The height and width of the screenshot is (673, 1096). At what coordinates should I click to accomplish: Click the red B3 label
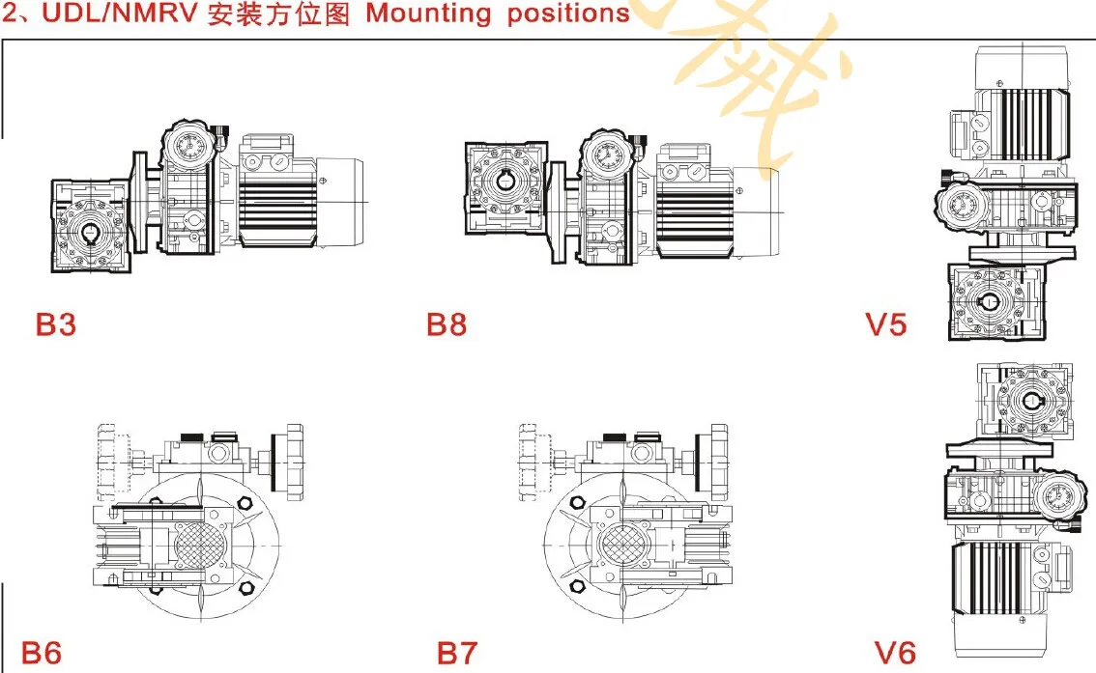55,324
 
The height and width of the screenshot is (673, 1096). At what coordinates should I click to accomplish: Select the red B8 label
446,324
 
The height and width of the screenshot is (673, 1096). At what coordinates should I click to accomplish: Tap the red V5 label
886,324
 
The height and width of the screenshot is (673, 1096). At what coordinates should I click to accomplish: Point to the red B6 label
42,653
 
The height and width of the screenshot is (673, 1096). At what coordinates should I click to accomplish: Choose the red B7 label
456,653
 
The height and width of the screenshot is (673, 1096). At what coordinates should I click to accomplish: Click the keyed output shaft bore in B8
509,181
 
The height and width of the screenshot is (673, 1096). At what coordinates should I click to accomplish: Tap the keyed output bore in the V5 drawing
991,301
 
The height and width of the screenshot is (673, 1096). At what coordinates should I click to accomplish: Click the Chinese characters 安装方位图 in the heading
278,14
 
